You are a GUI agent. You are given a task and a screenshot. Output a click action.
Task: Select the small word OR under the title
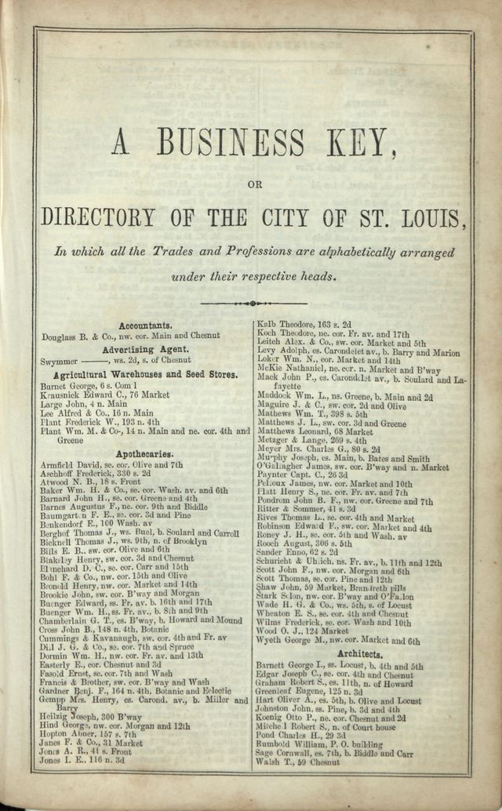click(x=253, y=185)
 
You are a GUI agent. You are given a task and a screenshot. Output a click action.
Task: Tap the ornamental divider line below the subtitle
click(x=252, y=303)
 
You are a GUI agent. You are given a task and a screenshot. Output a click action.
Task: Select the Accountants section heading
click(x=145, y=325)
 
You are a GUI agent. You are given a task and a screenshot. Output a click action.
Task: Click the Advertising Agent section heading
click(x=145, y=349)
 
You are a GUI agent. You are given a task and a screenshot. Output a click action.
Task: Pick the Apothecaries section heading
click(x=144, y=454)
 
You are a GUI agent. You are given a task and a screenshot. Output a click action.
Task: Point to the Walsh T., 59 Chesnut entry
click(x=297, y=762)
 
